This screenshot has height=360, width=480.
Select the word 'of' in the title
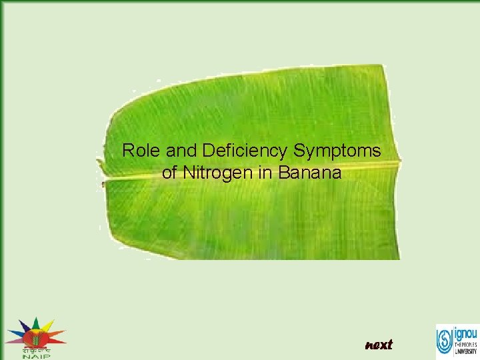[169, 173]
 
